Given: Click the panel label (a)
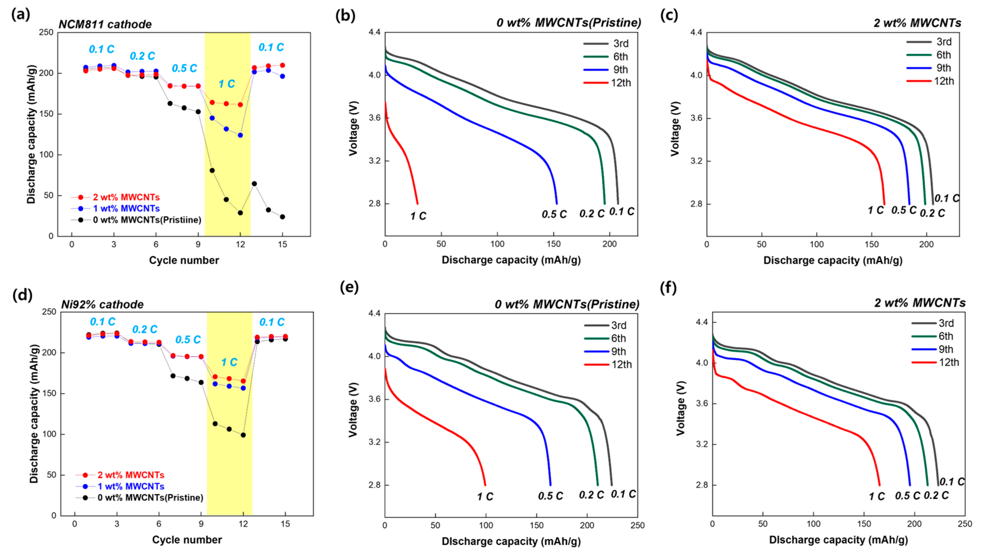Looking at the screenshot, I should [x=21, y=15].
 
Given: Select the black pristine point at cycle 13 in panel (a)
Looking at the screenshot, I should [x=254, y=184].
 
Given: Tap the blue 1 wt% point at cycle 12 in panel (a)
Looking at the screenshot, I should [x=240, y=135].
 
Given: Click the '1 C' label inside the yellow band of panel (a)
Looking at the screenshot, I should [x=227, y=84].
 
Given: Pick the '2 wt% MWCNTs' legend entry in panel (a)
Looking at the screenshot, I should [x=126, y=197].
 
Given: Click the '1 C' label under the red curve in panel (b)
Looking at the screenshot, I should [x=418, y=216].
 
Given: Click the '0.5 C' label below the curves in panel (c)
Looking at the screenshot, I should [x=904, y=210].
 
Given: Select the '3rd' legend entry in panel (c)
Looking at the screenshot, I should [x=943, y=42].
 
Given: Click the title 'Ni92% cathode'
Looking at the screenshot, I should [x=102, y=305].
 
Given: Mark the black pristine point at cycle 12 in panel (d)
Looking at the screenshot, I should [x=243, y=435].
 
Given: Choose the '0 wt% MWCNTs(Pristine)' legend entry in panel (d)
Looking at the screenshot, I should [x=150, y=498].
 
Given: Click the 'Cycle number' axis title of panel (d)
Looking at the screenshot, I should [x=187, y=540].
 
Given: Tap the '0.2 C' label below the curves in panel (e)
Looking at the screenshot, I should [x=591, y=495].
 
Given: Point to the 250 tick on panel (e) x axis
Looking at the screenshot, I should [x=637, y=525].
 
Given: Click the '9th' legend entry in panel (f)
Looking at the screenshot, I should [x=945, y=349].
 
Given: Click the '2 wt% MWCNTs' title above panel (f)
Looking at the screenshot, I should [x=920, y=303].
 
